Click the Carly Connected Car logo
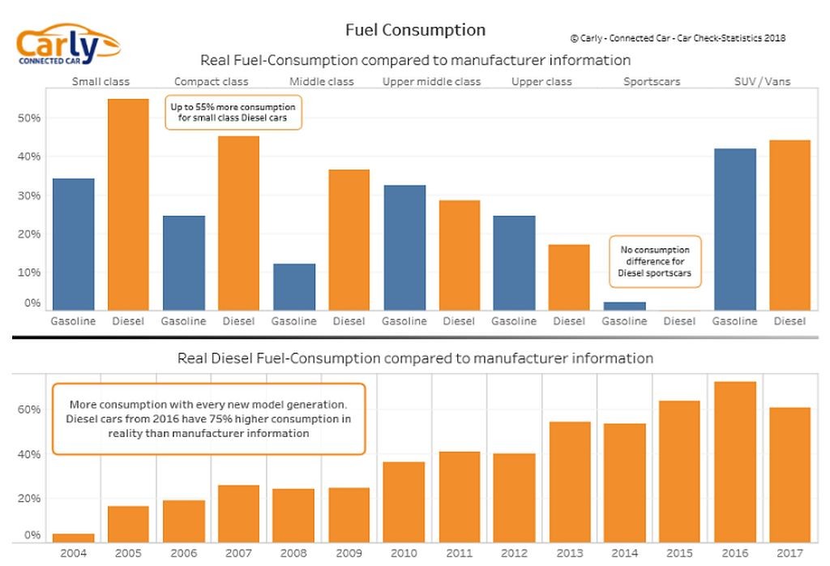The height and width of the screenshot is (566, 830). click(68, 45)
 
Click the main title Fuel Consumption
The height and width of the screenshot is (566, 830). click(415, 30)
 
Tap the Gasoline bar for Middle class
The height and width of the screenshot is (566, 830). click(293, 286)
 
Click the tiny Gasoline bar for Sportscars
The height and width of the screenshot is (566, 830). click(624, 306)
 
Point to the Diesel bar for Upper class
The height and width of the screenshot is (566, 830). click(569, 277)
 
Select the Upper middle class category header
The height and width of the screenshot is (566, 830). click(431, 82)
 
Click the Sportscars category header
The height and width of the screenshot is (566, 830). click(652, 82)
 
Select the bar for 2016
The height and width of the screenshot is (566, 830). click(734, 461)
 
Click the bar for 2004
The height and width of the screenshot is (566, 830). click(73, 537)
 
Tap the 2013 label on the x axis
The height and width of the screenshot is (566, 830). click(569, 554)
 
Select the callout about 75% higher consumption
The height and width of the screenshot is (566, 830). click(209, 418)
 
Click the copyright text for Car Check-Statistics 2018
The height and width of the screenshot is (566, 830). click(677, 38)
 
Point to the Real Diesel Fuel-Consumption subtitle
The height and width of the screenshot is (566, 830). click(415, 358)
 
